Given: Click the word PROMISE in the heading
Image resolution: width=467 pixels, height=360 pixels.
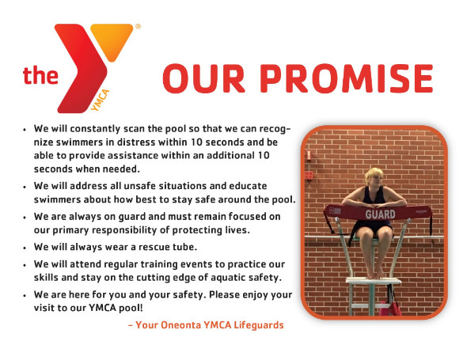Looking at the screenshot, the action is pos(347,78).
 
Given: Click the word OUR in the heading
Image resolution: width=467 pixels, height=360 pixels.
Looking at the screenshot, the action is pos(203,78).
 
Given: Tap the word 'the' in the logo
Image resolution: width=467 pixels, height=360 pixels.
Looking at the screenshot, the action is pos(40,75).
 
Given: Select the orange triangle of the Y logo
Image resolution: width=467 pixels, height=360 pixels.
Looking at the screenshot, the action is pos(112,39).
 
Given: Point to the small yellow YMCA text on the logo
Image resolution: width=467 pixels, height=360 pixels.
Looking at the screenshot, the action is pos(100,100).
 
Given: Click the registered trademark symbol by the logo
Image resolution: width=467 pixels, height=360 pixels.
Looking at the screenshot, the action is pos(138,26).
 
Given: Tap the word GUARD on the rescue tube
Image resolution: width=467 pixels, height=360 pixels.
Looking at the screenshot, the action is pos(381,214).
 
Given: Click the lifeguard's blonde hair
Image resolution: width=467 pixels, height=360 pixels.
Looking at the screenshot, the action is pos(374,175).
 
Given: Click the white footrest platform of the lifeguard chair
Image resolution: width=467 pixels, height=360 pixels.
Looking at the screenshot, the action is pos(374,281).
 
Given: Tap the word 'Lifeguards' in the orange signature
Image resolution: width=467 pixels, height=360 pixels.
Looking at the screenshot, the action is pos(259,325).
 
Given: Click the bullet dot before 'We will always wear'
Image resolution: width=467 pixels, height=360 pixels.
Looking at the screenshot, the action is pos(25,248).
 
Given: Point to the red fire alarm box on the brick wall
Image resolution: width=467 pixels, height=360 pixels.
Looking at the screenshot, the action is pos(309,175).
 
